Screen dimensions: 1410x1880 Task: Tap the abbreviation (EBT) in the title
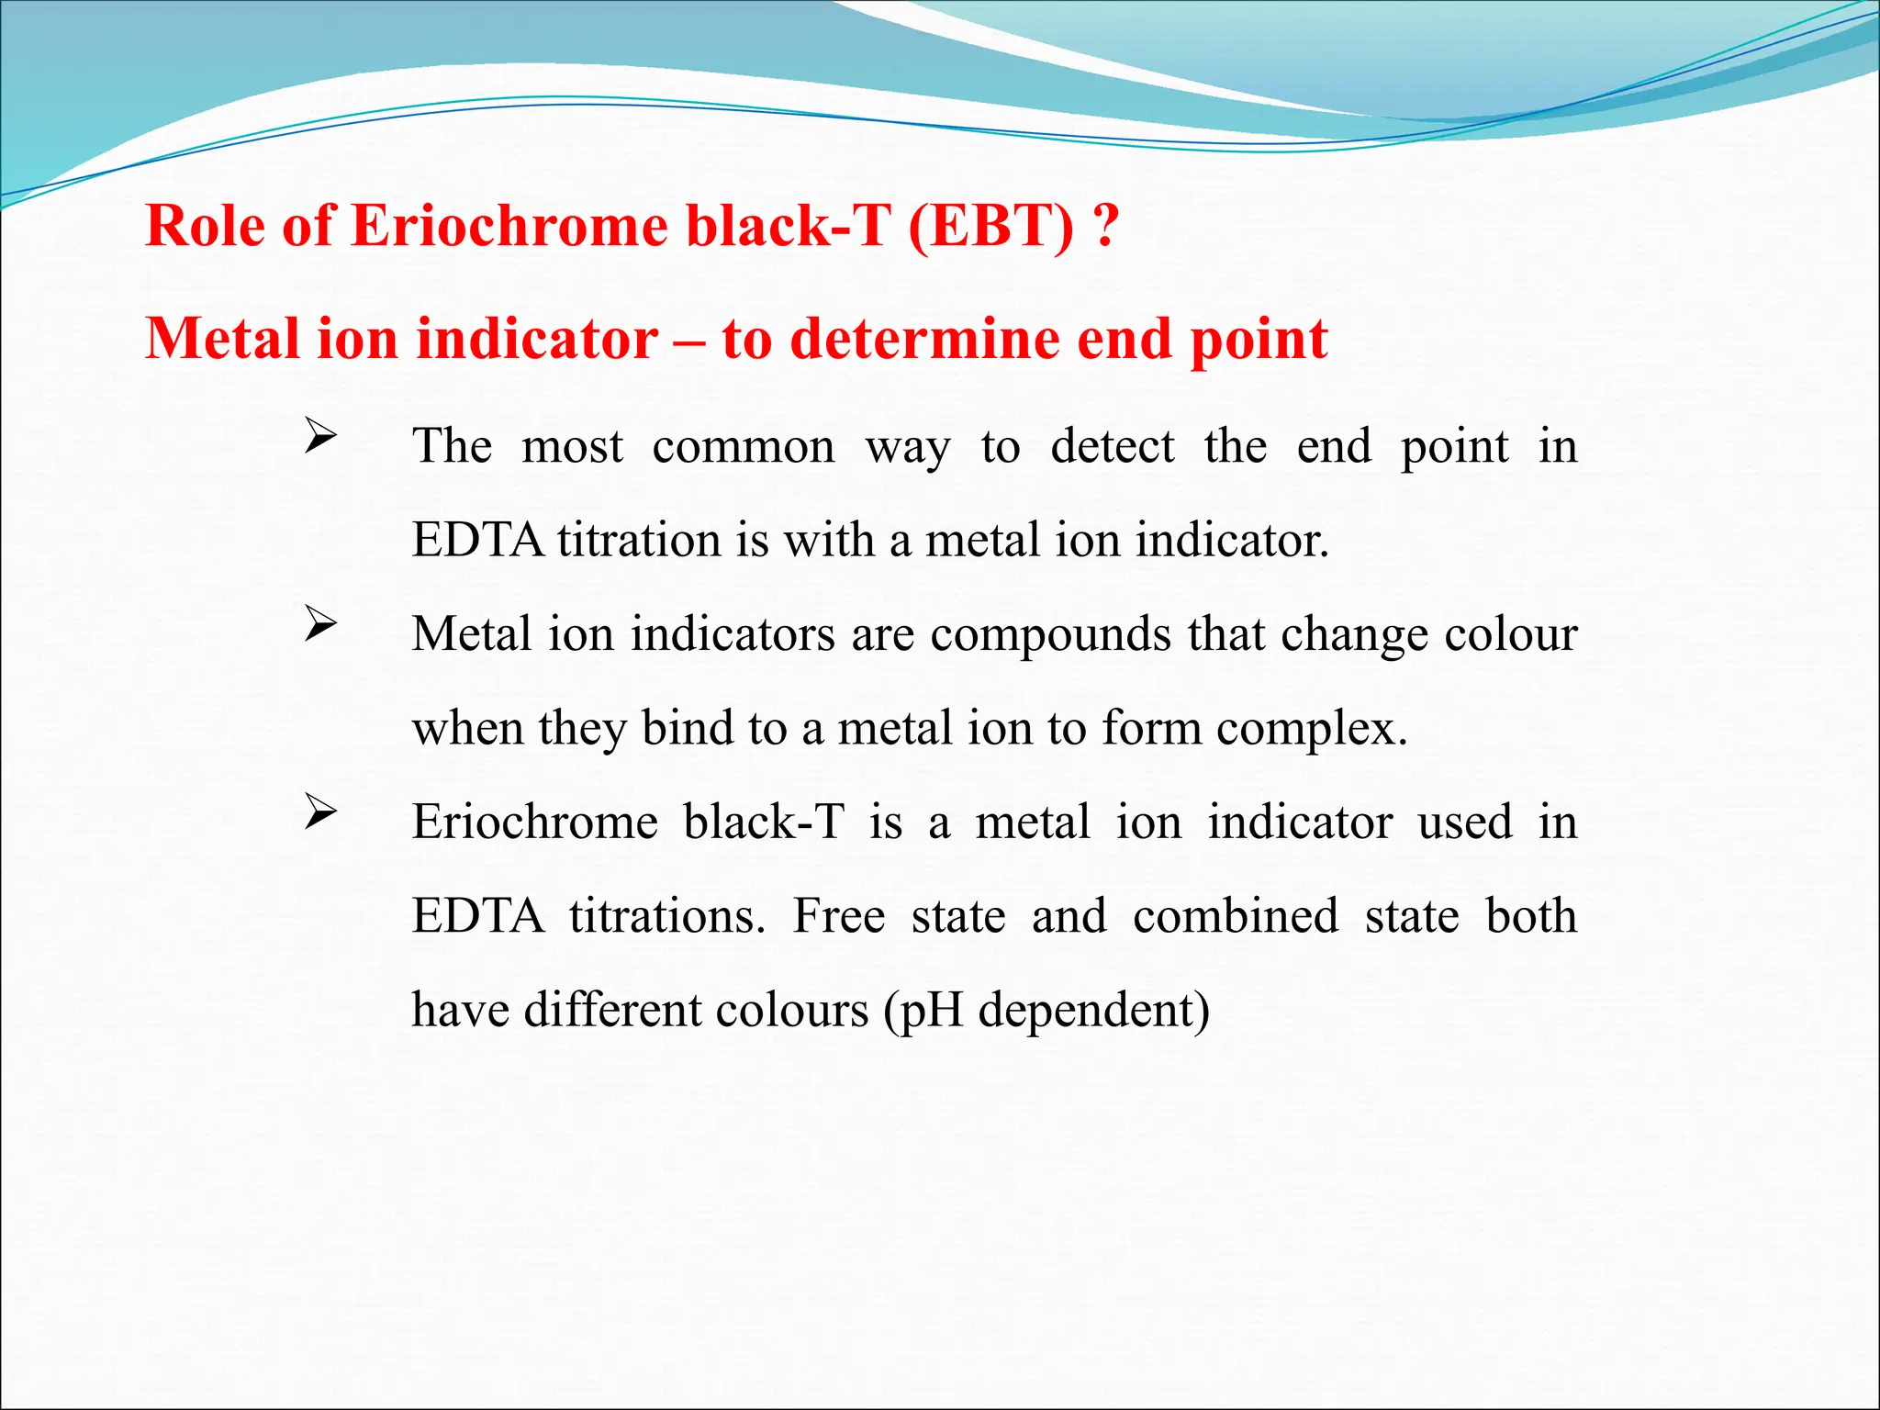[990, 226]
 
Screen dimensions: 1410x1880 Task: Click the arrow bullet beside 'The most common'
[320, 436]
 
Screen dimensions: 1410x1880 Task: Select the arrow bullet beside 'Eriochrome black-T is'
[320, 812]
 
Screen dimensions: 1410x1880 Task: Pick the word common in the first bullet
[744, 448]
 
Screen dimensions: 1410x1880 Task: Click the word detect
[1113, 448]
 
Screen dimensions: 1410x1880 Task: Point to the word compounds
[1050, 634]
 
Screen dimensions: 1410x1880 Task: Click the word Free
[839, 916]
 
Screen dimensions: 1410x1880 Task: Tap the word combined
[1236, 916]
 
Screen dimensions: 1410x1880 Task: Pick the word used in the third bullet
[1465, 822]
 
